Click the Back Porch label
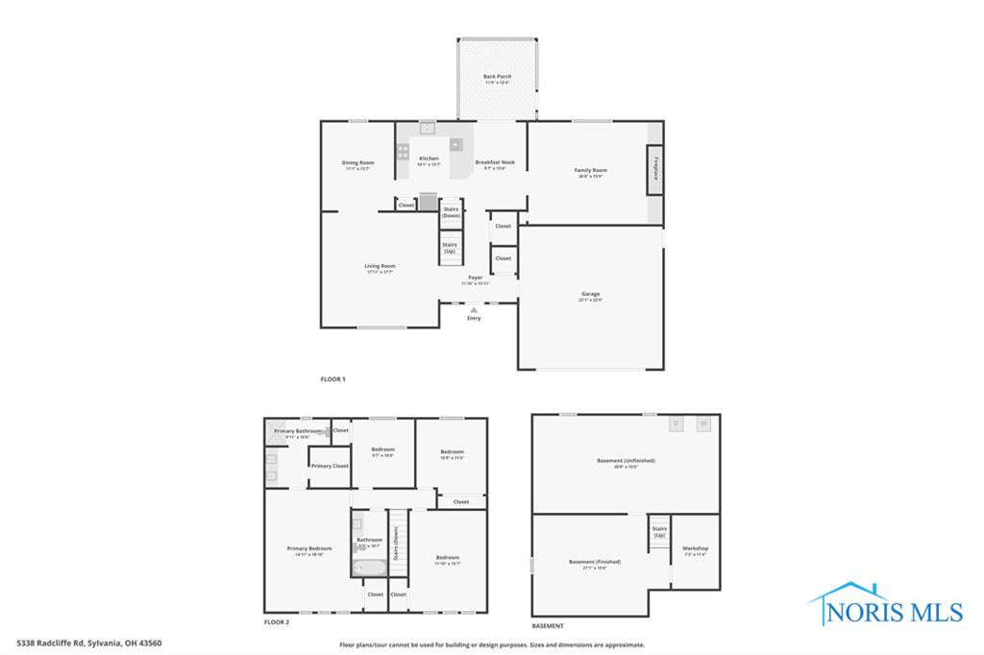click(497, 77)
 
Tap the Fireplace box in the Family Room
click(654, 169)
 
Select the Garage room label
click(590, 295)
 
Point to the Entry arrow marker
click(474, 309)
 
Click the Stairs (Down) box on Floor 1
click(451, 211)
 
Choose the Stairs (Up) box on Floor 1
click(450, 247)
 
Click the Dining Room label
click(358, 163)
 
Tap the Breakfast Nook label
click(495, 163)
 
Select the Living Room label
click(380, 267)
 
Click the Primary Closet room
click(329, 466)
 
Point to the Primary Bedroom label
click(309, 549)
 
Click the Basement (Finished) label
click(595, 563)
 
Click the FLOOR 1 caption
click(332, 379)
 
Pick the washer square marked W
click(703, 424)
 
